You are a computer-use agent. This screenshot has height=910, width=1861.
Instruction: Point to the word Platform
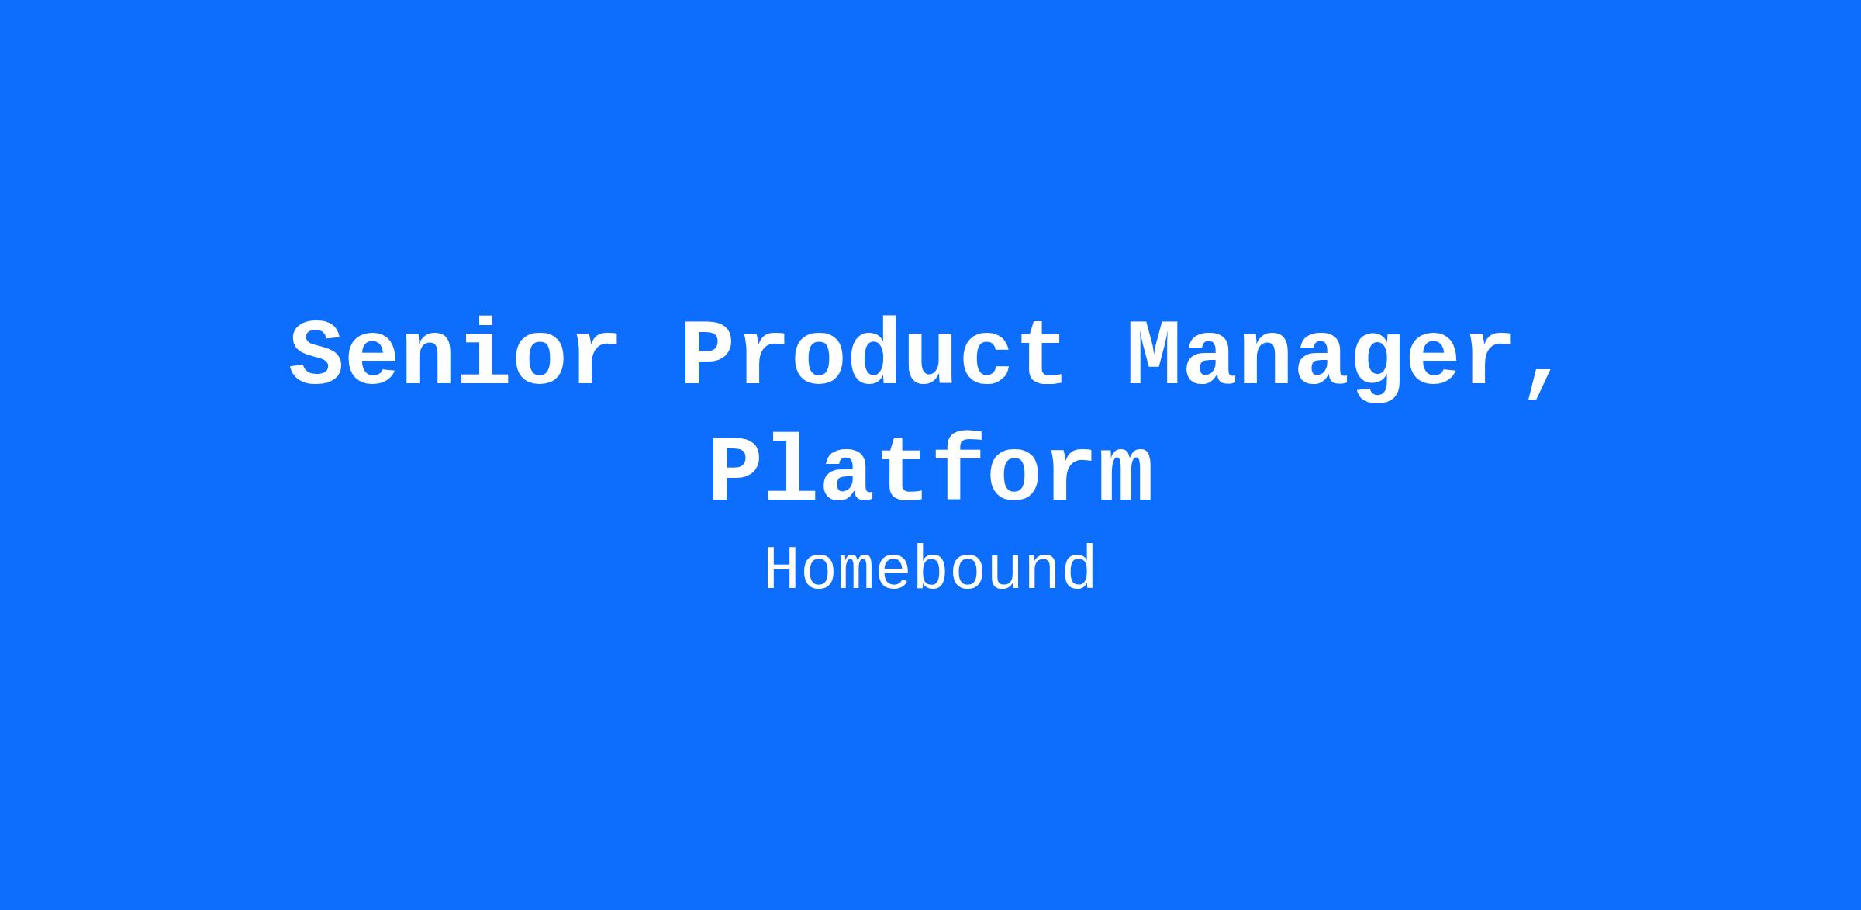(931, 469)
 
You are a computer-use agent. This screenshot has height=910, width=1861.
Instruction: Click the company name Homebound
(930, 569)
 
